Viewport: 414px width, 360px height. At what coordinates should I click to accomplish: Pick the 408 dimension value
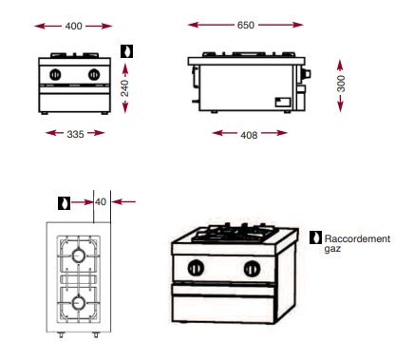coord(249,134)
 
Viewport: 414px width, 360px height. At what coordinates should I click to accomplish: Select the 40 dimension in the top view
coord(101,201)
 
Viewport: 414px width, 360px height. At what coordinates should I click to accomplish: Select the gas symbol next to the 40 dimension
coord(64,201)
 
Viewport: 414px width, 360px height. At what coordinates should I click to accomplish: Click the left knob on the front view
coord(56,74)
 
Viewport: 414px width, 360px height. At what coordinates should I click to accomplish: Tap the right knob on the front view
coord(93,74)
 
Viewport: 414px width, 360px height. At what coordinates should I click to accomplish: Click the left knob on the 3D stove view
coord(197,266)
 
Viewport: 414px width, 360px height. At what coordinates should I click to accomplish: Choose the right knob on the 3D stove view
coord(251,266)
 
